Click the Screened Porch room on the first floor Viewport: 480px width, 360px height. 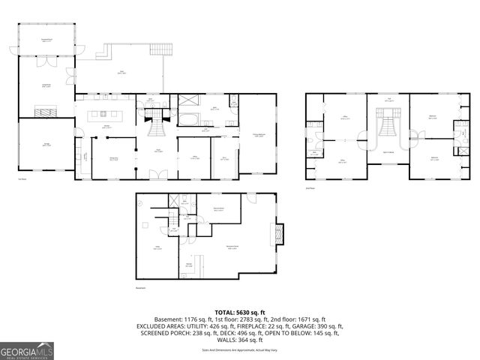click(46, 40)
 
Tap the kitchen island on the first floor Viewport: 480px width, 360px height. click(107, 116)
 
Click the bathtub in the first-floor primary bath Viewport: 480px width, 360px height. click(187, 119)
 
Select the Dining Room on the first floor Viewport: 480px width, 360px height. click(114, 160)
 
